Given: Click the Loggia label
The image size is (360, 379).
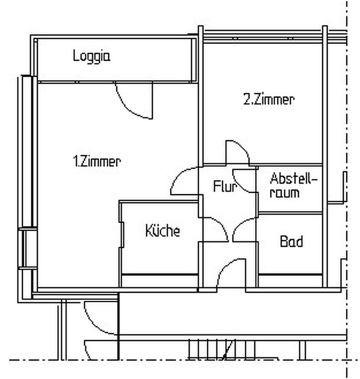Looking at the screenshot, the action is click(92, 56).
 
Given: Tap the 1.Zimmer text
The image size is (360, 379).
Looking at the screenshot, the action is click(97, 161).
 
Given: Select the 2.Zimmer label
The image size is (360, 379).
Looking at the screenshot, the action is click(269, 99).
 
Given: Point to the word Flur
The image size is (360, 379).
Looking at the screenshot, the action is click(225, 186).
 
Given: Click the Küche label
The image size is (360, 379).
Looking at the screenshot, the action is click(163, 230).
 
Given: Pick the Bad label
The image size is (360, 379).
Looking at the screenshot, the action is click(291, 241).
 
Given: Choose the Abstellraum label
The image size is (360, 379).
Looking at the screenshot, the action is click(293, 185).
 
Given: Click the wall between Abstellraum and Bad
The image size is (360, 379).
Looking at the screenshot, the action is click(290, 213).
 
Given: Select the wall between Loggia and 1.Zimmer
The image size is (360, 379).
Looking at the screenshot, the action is click(118, 82).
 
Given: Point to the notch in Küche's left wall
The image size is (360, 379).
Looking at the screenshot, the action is click(122, 235).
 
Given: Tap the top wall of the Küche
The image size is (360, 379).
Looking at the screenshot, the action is click(159, 201).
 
